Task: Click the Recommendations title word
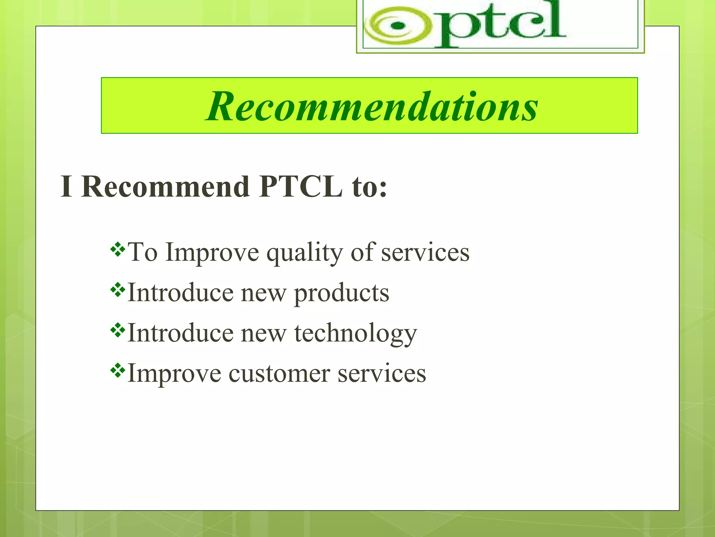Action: tap(371, 106)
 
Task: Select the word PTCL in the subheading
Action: tap(301, 187)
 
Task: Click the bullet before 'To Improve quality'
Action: tap(118, 249)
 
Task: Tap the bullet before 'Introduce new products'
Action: tap(118, 289)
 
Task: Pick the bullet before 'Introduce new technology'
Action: tap(118, 330)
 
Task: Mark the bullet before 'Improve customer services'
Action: tap(118, 370)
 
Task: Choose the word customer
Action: tap(279, 374)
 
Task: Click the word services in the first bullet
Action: tap(425, 252)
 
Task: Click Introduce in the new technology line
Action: tap(180, 333)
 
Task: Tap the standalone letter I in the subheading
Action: tap(66, 187)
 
